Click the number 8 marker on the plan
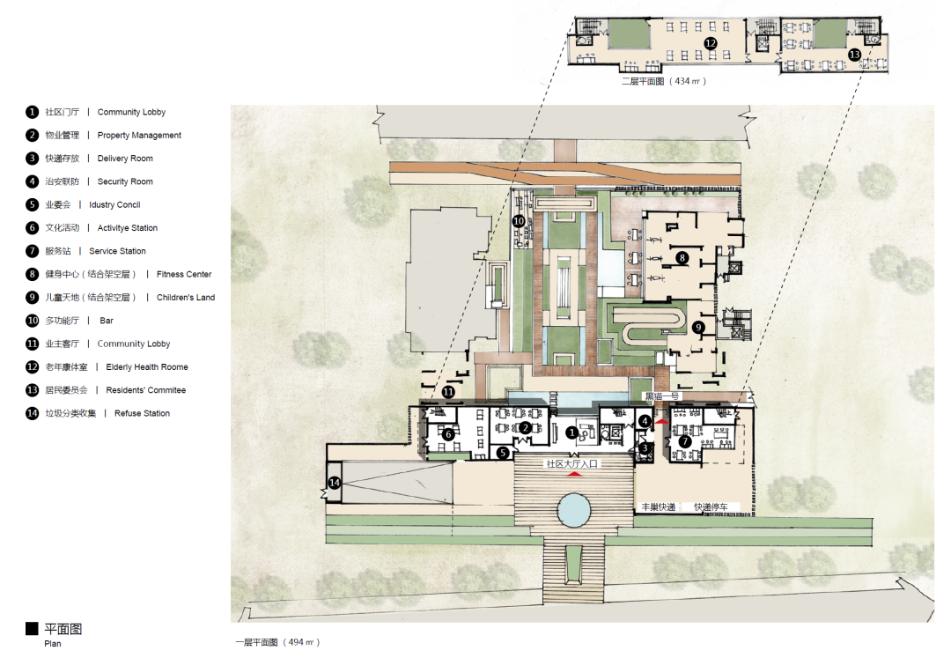click(x=682, y=258)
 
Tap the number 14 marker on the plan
click(x=335, y=483)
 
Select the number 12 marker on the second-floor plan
click(x=711, y=43)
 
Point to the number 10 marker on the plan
click(x=519, y=221)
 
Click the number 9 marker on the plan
click(x=698, y=328)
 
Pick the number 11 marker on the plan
click(x=448, y=392)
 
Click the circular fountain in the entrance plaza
click(x=574, y=509)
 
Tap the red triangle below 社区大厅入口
click(x=574, y=474)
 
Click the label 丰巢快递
click(x=659, y=507)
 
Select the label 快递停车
click(x=711, y=507)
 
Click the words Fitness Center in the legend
click(x=184, y=274)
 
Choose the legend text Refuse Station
click(x=142, y=413)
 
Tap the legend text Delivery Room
click(x=125, y=159)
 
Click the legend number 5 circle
click(x=33, y=204)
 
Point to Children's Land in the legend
click(x=186, y=297)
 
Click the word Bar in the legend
click(x=107, y=321)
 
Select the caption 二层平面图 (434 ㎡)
click(x=664, y=81)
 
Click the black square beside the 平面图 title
click(x=32, y=628)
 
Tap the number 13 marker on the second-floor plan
click(x=854, y=55)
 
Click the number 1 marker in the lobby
click(x=571, y=433)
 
